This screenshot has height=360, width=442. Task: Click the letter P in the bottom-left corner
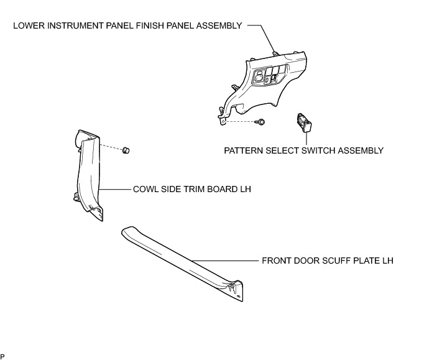click(3, 356)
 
